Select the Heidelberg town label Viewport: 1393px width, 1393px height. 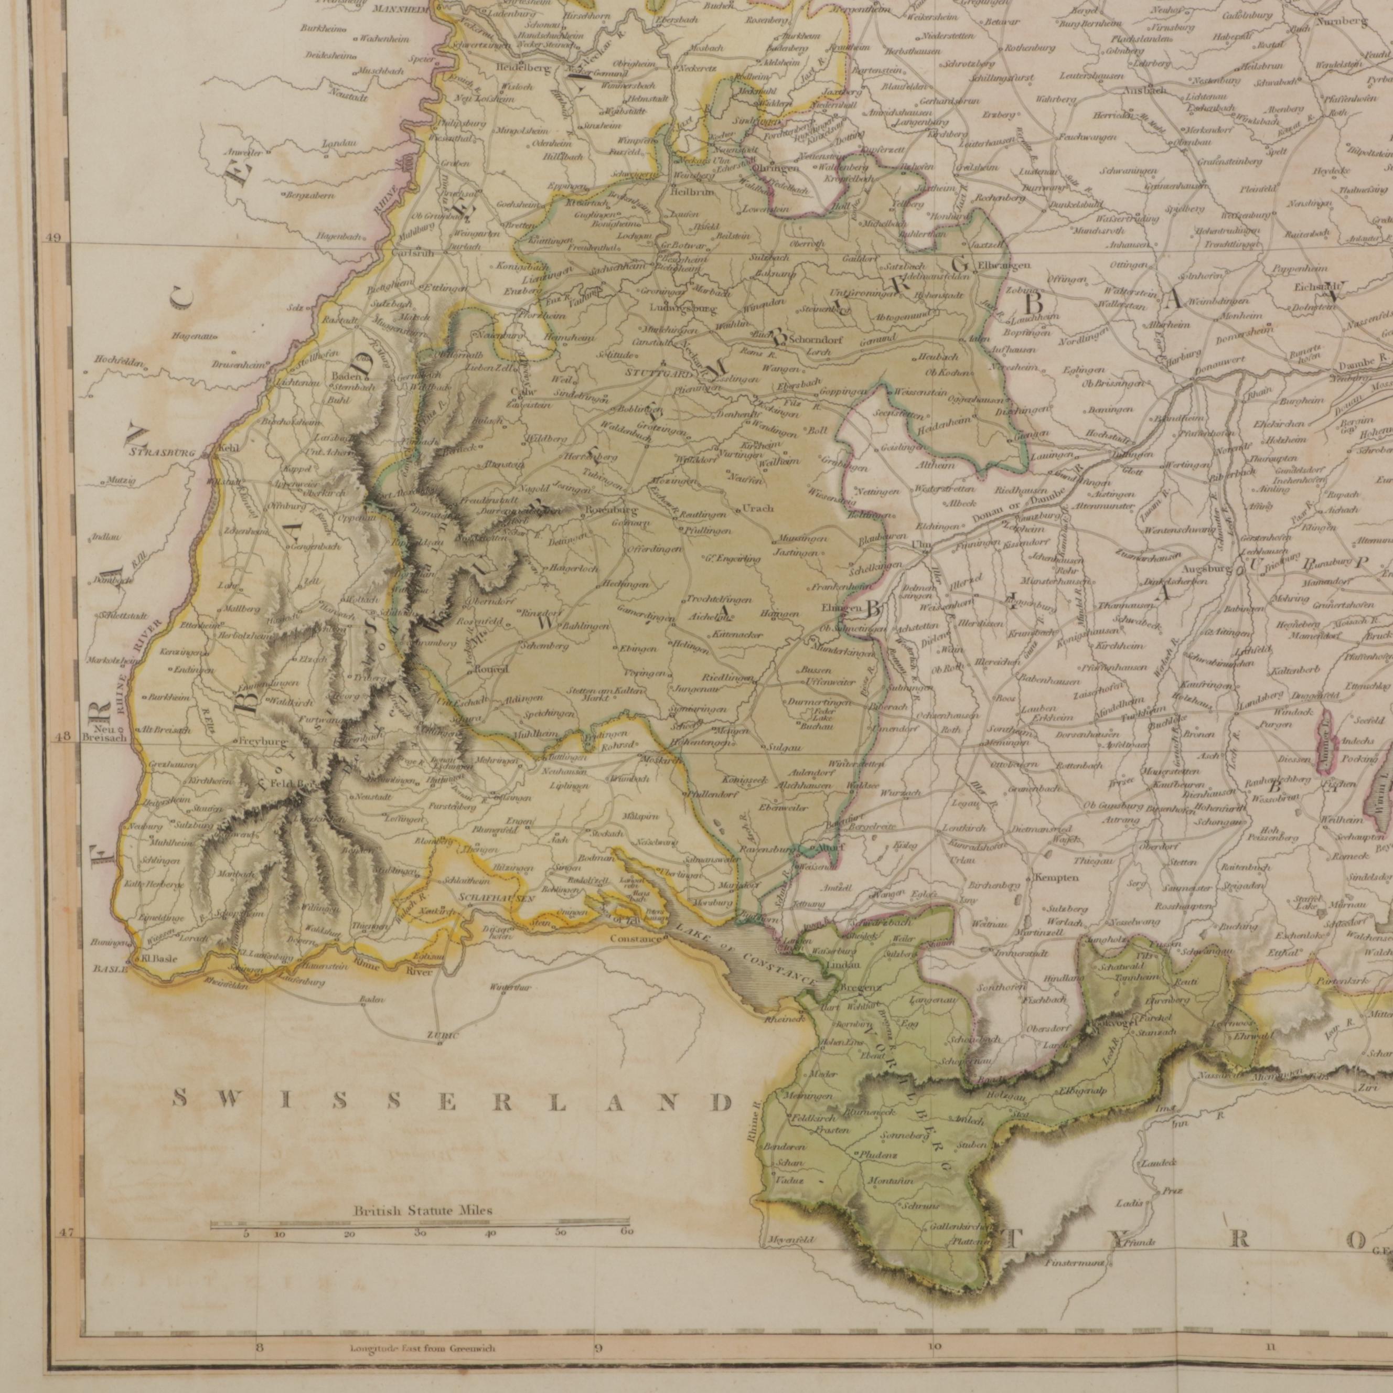pyautogui.click(x=523, y=69)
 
